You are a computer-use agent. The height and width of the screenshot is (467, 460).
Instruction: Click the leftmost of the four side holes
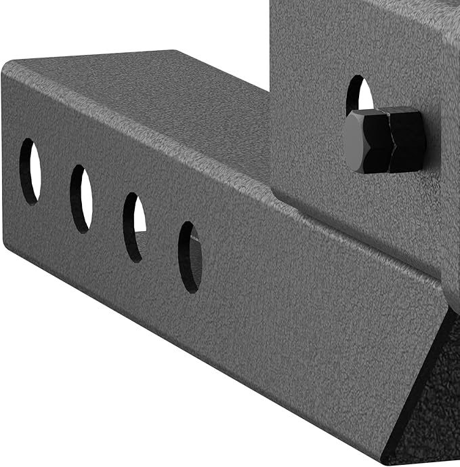tap(30, 171)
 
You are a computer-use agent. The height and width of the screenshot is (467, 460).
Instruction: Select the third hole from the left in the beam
tap(134, 228)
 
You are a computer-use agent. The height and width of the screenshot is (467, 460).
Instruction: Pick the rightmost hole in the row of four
tap(190, 257)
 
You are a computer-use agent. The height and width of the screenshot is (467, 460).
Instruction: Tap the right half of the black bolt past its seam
tap(407, 139)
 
